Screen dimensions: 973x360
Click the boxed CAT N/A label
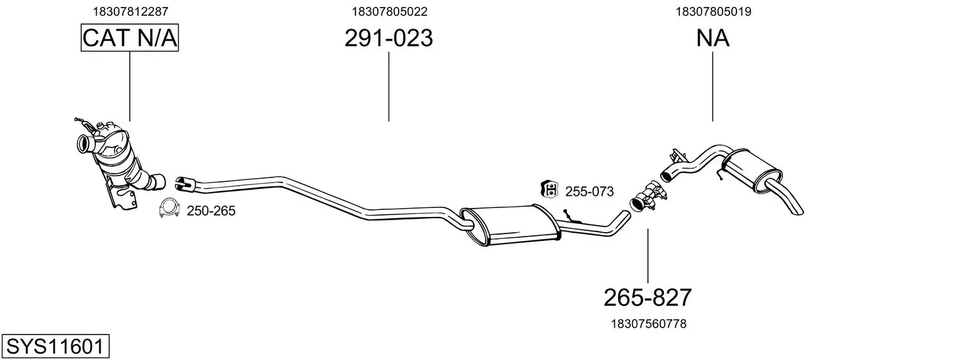pos(130,38)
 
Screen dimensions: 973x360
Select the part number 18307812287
pos(130,11)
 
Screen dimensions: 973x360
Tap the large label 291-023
pos(389,38)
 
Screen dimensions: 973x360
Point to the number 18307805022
pos(390,11)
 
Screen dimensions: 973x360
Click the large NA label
pos(713,38)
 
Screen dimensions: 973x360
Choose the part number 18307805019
pos(714,11)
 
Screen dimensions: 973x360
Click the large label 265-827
pos(647,298)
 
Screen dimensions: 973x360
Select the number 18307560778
pos(649,324)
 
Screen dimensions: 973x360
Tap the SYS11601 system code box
pos(55,346)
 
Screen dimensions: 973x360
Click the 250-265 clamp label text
pos(211,211)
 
